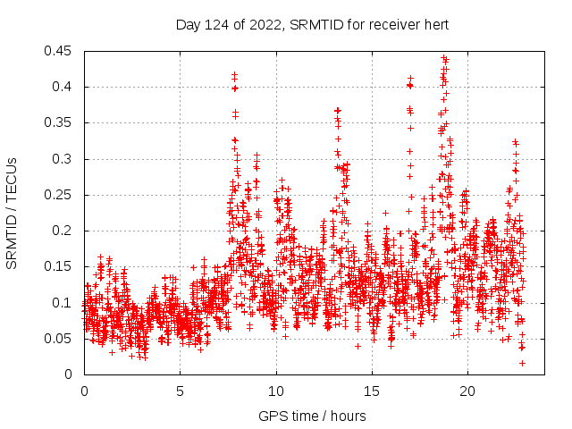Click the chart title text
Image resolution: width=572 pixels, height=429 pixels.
tap(311, 24)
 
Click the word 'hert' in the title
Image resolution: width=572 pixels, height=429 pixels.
tap(434, 24)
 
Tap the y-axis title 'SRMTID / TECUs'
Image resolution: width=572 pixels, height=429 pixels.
tap(12, 213)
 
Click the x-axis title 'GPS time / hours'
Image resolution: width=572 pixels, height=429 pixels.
tap(311, 416)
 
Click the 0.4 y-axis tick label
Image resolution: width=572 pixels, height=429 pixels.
tap(66, 87)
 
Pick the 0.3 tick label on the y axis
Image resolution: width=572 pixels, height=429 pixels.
tap(66, 159)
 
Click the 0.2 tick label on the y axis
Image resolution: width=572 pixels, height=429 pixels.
tap(66, 231)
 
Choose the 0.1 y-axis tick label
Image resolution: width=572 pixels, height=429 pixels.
tap(66, 303)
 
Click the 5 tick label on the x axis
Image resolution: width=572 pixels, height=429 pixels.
tap(180, 391)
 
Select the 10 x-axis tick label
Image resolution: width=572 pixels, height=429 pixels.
tap(276, 391)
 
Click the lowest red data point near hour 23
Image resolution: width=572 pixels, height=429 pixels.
tap(522, 363)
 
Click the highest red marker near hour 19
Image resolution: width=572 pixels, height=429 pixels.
tap(443, 58)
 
